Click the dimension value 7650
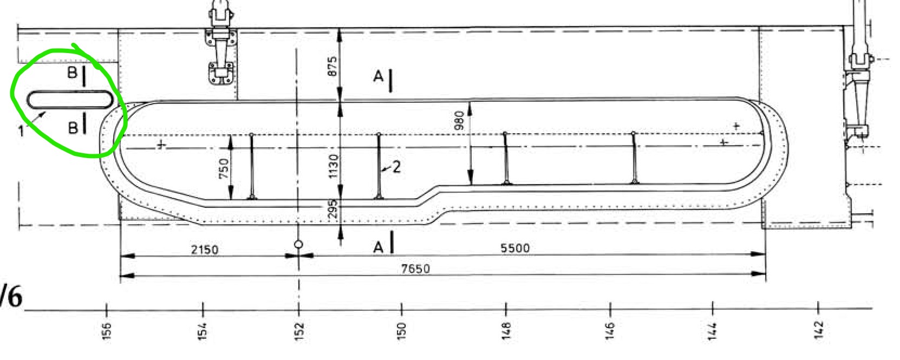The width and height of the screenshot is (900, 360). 415,269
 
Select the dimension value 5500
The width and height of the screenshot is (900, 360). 515,248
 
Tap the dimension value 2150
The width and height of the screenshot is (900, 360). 205,249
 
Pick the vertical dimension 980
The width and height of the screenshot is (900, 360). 460,121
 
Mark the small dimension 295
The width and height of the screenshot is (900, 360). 333,209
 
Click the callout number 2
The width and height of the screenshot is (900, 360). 396,167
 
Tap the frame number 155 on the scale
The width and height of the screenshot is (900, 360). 106,329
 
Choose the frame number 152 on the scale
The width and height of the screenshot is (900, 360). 299,329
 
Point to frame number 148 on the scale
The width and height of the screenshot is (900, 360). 506,329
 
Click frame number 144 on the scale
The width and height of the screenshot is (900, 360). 712,329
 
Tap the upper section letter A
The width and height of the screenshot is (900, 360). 378,77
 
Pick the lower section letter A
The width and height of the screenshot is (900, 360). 378,247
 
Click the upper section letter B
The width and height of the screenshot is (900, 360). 72,73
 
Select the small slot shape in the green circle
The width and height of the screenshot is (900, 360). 71,100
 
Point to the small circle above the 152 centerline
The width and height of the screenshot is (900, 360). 298,245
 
